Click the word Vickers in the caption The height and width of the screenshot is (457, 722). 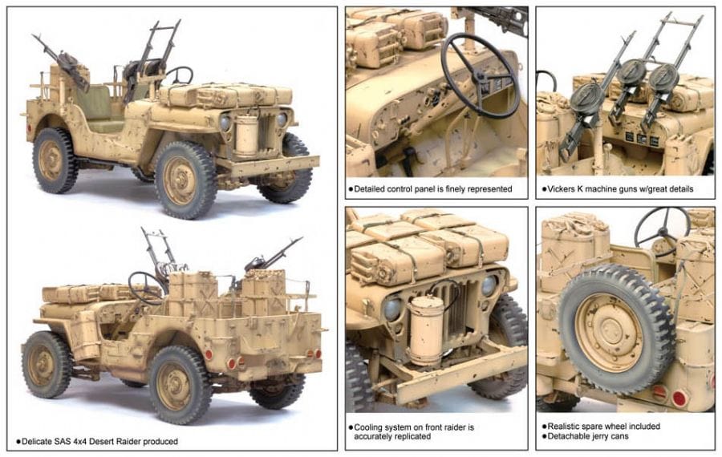[x=561, y=188]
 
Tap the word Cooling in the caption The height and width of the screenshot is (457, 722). [x=368, y=427]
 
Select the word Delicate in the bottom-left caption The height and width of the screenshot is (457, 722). [x=37, y=441]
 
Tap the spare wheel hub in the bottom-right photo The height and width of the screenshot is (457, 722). [x=610, y=331]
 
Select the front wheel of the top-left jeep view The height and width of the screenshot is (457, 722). [x=185, y=180]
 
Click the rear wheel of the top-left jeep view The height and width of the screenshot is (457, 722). [x=55, y=160]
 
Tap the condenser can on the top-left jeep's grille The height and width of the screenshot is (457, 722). [x=247, y=135]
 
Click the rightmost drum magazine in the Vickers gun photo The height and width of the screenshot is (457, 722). [x=663, y=79]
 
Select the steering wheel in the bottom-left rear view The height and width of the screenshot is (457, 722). [x=145, y=288]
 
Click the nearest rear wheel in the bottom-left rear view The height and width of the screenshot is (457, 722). [x=180, y=384]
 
